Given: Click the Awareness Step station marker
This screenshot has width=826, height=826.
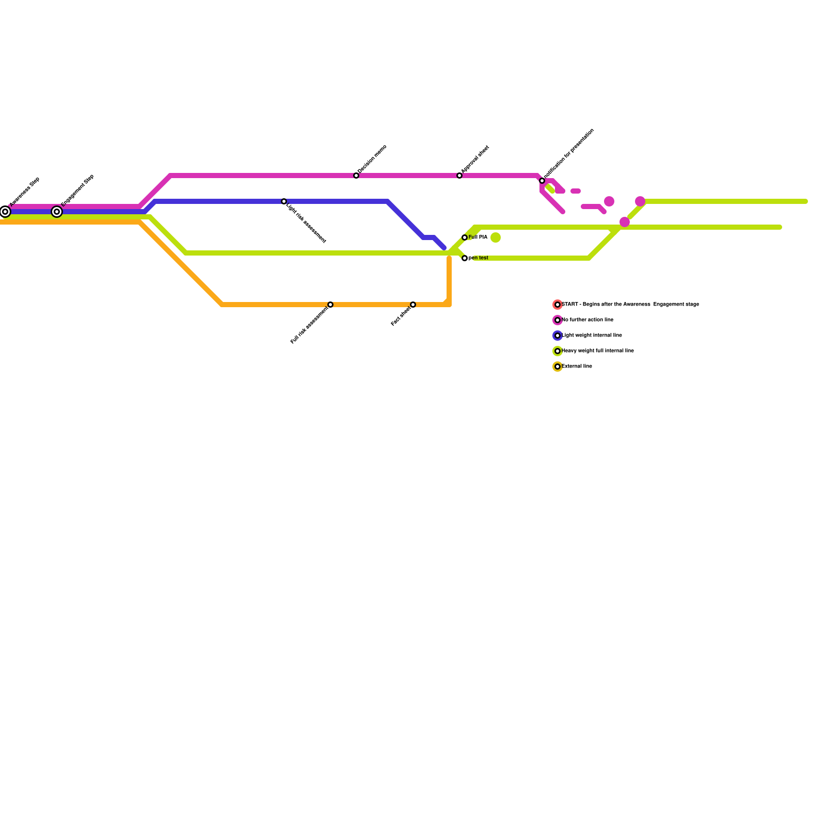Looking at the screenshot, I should pos(5,212).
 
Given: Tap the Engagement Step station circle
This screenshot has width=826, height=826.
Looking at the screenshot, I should pos(57,212).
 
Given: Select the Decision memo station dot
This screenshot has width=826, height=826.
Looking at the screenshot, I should pos(356,176).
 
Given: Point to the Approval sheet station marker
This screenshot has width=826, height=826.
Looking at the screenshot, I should pos(459,176).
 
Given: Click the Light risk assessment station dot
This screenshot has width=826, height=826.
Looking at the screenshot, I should pos(284,201).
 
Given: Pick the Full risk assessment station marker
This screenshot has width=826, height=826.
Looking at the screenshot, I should pos(330,305).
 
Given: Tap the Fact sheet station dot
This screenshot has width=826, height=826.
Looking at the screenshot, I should pos(413,305).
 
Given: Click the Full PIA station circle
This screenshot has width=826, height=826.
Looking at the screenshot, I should pos(465,237).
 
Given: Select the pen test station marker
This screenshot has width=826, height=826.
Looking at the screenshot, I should pos(465,258).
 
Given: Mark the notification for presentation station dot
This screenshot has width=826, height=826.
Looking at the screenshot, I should pos(542,181).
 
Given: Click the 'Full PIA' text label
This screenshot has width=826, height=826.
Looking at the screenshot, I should pos(478,237).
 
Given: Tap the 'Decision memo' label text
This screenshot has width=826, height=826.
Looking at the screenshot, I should pos(372,158).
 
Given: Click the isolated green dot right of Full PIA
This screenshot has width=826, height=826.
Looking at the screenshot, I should pos(496,237).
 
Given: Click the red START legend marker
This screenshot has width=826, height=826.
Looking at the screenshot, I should pos(558,305).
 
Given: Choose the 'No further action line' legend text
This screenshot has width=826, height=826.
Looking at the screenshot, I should pos(587,320).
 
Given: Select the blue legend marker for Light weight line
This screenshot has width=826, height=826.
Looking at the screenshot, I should pos(558,336).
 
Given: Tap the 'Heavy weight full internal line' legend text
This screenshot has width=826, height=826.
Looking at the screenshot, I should pos(598,351).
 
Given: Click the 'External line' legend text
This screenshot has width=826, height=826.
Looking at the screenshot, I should pos(577,367).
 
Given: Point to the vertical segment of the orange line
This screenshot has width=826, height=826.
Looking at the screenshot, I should pos(449,279).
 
